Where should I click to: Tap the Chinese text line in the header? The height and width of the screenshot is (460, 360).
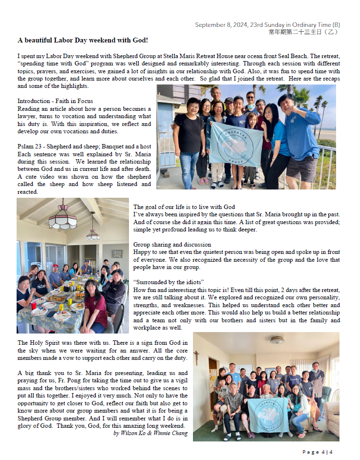click(303, 32)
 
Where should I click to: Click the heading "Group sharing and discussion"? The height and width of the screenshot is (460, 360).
click(172, 244)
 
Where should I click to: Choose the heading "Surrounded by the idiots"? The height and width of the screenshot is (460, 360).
click(169, 282)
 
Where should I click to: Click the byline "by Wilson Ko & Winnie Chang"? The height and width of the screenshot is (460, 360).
click(150, 433)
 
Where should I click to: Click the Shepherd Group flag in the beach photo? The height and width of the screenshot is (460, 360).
click(236, 144)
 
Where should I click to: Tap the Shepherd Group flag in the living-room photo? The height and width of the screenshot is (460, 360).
click(268, 413)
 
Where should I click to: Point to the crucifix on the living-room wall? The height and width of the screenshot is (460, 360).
click(196, 357)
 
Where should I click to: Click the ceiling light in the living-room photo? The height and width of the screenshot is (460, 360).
click(277, 340)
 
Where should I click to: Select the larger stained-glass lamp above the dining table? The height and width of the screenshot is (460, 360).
click(63, 219)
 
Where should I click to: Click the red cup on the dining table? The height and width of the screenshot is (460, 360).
click(33, 305)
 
